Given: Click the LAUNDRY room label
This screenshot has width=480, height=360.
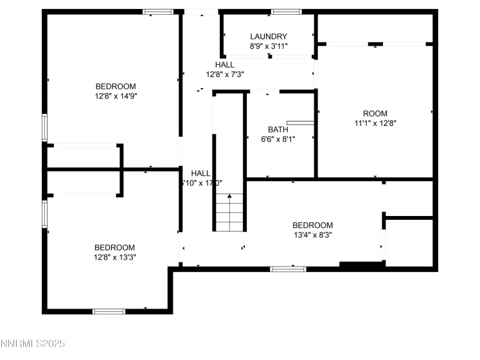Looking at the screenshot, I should [x=269, y=37].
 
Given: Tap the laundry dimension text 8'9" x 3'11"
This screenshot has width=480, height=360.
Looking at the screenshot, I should [x=269, y=46].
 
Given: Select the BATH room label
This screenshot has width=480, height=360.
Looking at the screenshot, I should [x=278, y=129].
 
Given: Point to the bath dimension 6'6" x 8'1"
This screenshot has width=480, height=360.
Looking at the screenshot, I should [x=278, y=139].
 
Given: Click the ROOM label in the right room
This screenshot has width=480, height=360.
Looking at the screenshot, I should [x=375, y=114].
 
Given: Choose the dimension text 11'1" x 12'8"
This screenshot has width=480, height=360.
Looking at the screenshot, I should [x=375, y=123].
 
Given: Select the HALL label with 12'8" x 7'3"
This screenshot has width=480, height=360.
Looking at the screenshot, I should [x=224, y=65].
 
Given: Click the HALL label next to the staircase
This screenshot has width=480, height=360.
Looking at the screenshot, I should [x=200, y=173].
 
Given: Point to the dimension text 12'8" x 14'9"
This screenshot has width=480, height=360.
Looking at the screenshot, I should [x=116, y=96].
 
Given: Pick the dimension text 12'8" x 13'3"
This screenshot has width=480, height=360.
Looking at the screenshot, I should [x=115, y=257].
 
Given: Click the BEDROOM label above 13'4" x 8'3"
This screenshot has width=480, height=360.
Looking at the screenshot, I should [x=312, y=225].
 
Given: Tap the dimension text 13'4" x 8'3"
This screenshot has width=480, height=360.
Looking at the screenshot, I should [x=312, y=235].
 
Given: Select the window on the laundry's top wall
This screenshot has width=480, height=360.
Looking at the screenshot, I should [x=286, y=12].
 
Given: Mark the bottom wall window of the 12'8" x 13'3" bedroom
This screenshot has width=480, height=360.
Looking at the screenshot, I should [x=109, y=312].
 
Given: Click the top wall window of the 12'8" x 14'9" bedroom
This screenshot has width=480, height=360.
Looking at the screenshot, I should [x=158, y=12].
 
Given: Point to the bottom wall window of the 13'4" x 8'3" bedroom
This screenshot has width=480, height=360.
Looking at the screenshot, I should [x=287, y=269].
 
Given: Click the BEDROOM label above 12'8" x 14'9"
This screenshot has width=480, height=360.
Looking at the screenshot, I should [x=116, y=86].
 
